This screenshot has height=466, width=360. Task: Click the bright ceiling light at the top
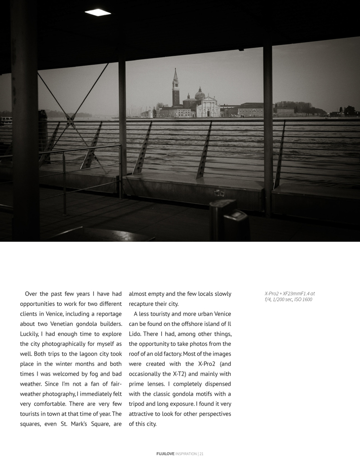tap(98, 12)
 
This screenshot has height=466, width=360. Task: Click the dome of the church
tap(200, 93)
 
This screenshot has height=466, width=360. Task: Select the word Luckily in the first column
tap(31, 334)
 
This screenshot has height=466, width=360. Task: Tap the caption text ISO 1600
tap(303, 299)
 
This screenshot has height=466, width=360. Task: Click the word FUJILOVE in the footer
tap(165, 454)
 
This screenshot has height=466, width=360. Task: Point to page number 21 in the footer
tap(201, 454)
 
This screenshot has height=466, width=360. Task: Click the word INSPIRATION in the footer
tap(186, 454)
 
